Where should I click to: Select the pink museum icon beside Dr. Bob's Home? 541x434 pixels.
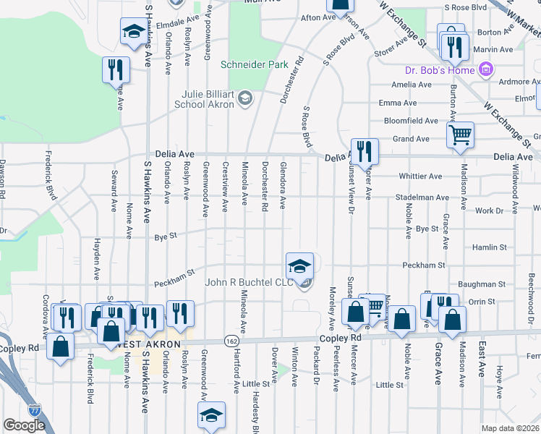coord(487,70)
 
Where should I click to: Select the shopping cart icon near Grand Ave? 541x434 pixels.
coord(460,135)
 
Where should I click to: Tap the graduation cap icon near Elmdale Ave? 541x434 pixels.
coord(134,32)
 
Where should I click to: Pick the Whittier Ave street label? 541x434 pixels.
coord(419,176)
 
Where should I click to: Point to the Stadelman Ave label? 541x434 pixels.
coord(422,197)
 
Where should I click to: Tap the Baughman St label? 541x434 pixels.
coord(485,285)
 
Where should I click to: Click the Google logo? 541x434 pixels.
coord(25,425)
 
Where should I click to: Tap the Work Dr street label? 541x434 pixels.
coord(489,210)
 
